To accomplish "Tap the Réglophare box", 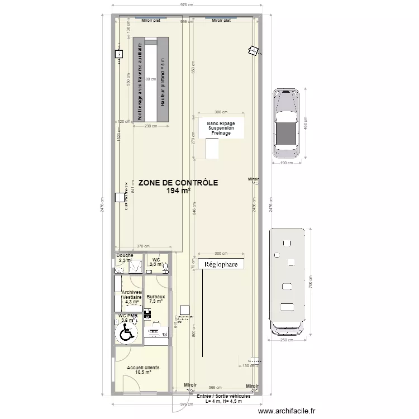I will tap(221, 264).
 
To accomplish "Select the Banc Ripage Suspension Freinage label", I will tap(221, 128).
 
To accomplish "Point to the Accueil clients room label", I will tap(143, 370).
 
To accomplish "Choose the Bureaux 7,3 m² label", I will tap(156, 299).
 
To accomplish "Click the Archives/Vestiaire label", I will tap(132, 297).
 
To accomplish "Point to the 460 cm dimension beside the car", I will tap(306, 126).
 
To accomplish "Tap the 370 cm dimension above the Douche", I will tap(143, 246).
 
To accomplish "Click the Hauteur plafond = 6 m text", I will tap(163, 82).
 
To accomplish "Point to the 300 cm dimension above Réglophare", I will tap(221, 253).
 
